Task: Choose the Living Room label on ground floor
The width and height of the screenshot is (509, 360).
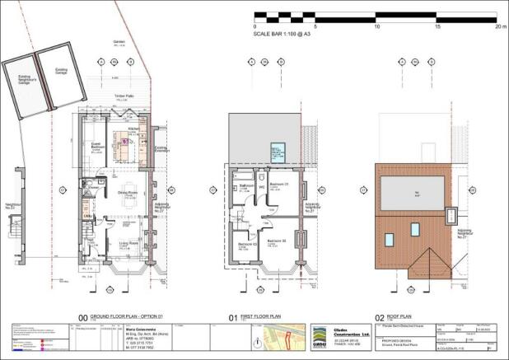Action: [128, 244]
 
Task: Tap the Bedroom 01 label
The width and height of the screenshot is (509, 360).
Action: [277, 183]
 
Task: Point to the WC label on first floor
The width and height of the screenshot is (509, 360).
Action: [261, 187]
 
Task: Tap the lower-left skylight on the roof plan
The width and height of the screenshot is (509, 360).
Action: [389, 240]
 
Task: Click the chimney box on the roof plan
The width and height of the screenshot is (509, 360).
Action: [452, 216]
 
